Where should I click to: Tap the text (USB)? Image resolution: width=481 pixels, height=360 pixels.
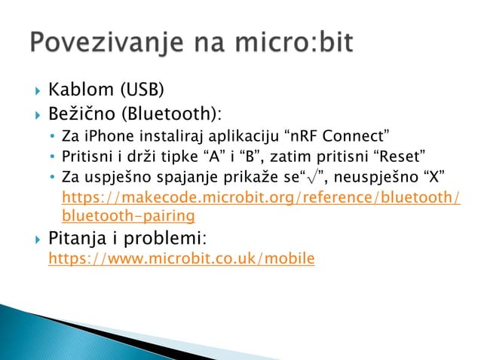[140, 92]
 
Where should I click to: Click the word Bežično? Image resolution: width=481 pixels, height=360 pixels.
[80, 114]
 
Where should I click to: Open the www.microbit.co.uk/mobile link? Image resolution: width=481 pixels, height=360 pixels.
[181, 259]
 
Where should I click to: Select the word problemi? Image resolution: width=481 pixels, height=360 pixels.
[165, 239]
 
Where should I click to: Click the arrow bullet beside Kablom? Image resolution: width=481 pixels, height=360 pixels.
[33, 93]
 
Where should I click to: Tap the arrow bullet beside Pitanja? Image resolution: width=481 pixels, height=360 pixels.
[33, 240]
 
